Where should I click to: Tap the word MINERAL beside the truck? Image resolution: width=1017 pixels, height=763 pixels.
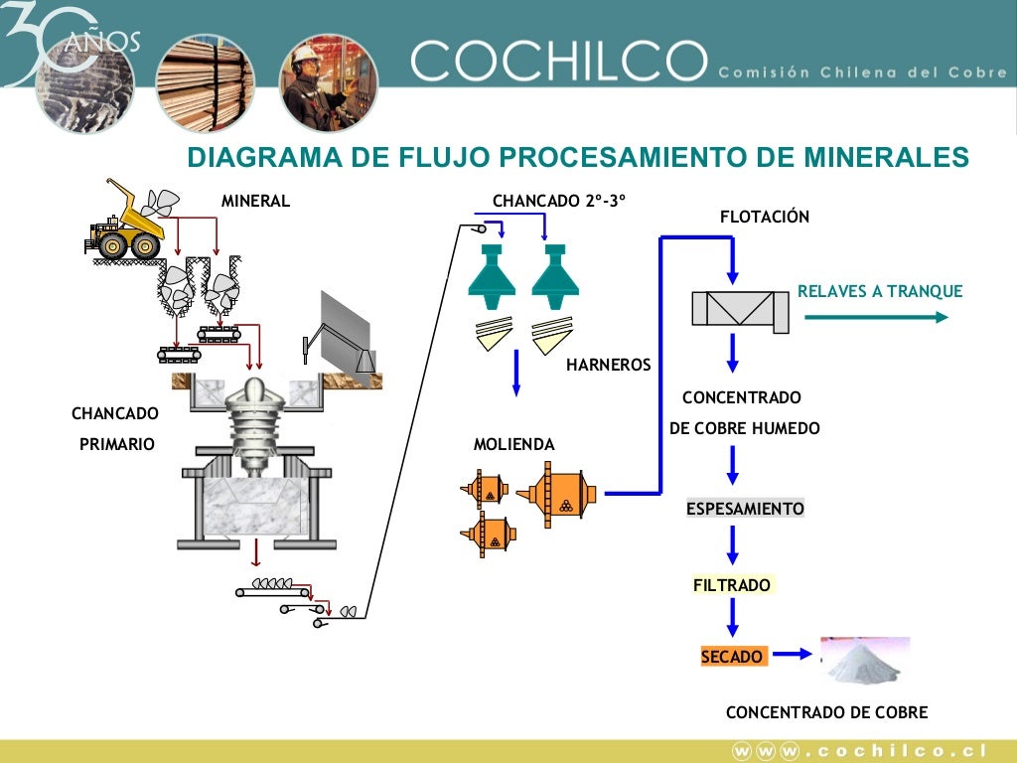point(255,201)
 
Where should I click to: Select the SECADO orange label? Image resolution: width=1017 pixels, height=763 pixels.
point(732,657)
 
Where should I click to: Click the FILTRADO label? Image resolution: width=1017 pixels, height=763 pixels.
point(732,585)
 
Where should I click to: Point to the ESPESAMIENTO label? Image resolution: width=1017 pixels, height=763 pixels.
point(745,509)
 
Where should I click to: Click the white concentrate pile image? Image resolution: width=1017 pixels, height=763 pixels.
point(865,661)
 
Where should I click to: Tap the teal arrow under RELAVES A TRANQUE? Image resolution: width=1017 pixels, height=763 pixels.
point(876,317)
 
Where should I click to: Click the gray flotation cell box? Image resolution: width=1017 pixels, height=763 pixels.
point(740,311)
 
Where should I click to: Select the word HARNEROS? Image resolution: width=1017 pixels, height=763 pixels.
point(609,365)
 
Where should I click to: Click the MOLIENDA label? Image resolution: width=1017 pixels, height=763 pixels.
point(513,444)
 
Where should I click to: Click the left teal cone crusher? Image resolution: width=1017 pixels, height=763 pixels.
point(492,276)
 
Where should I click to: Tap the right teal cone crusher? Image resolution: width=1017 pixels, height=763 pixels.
point(555,276)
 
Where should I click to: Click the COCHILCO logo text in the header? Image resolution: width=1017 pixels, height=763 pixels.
point(558,61)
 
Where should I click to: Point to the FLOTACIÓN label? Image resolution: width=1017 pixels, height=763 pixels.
point(765,217)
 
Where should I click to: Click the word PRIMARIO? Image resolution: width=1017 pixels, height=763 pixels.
point(117,444)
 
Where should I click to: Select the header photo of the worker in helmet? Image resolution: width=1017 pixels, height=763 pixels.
point(328,83)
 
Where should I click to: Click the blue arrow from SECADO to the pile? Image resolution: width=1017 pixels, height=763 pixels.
point(793,654)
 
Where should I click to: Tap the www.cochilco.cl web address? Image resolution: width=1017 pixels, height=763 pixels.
point(860,751)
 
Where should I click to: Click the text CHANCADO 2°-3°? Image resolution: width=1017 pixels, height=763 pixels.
point(559,201)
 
